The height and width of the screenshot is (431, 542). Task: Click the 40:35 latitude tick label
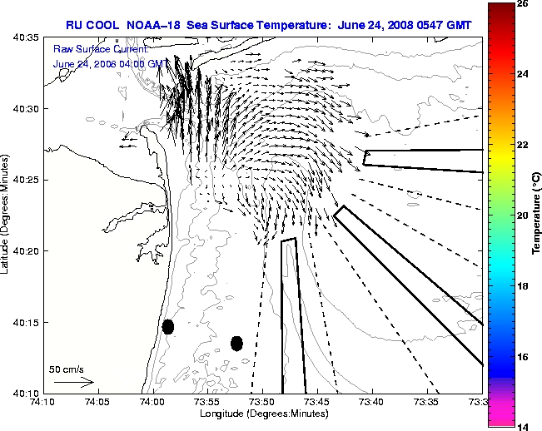tap(26, 37)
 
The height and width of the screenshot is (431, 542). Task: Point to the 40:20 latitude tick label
tap(26, 251)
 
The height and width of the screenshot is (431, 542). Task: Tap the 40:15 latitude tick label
tap(26, 323)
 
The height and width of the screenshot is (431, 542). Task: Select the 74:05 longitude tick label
tap(98, 402)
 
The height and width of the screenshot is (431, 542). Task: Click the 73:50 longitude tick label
tap(262, 402)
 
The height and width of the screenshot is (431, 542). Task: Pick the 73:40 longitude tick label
tap(372, 402)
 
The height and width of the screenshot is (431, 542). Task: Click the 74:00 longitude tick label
tap(153, 402)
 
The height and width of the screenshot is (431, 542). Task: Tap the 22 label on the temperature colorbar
tap(523, 145)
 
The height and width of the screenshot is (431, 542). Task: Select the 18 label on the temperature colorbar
tap(523, 286)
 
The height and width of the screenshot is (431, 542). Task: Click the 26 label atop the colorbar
tap(523, 4)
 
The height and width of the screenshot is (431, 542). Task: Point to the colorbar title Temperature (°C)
tap(536, 214)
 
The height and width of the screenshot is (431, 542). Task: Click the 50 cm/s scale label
tap(67, 369)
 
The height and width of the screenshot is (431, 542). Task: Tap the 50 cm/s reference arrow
tap(74, 382)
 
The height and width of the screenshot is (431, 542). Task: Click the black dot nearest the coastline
tap(168, 327)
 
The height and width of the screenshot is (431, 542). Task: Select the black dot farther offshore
tap(236, 344)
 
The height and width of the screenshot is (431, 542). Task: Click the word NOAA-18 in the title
tap(153, 25)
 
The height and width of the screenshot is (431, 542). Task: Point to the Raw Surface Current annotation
tap(101, 49)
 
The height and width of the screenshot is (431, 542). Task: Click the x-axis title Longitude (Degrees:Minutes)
tap(264, 414)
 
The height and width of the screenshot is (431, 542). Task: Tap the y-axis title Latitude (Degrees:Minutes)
tap(4, 214)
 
